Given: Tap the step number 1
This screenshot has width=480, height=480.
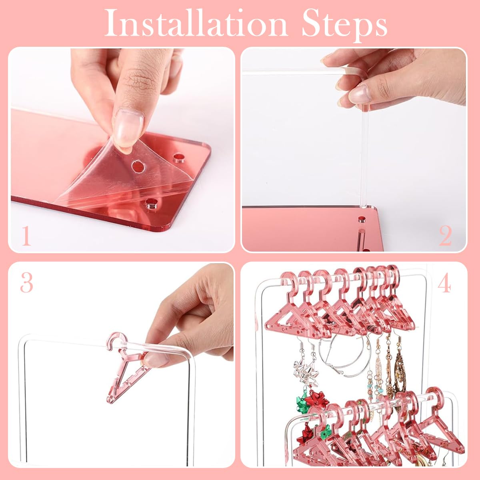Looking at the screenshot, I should point(26,236).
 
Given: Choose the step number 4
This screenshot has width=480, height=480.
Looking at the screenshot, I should point(444,284).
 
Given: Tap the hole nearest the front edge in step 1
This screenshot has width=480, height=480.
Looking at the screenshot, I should point(150,203).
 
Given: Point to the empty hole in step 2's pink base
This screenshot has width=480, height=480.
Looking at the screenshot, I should point(362,219).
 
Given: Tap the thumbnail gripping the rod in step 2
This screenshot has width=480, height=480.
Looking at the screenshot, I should point(358,94).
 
